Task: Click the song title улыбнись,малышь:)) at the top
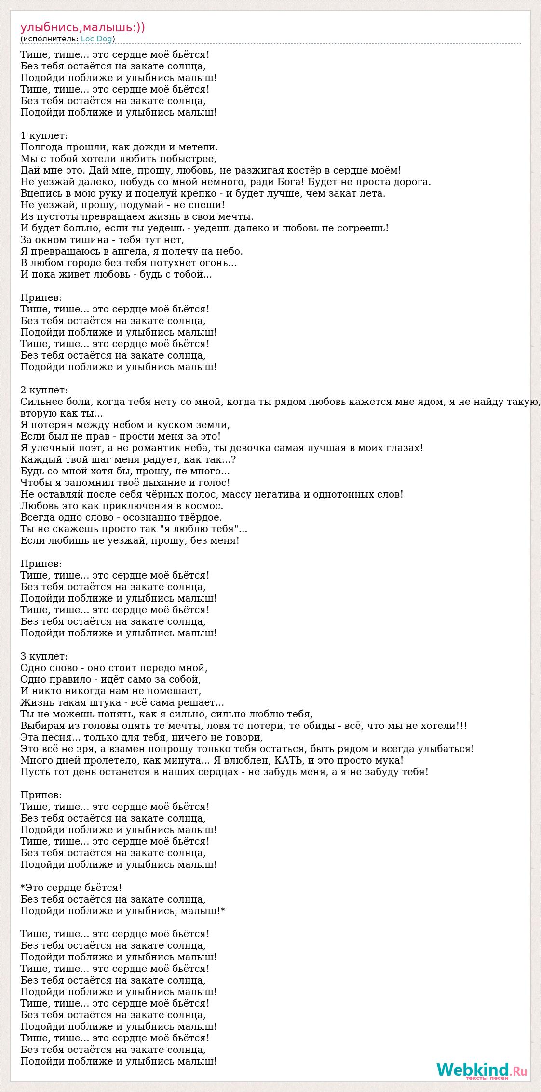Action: coord(82,27)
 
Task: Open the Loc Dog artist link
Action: coord(96,39)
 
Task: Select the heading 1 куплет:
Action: coord(44,135)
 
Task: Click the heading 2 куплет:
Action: coord(44,390)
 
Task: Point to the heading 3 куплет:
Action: coord(44,656)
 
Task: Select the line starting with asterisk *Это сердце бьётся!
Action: coord(71,888)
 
